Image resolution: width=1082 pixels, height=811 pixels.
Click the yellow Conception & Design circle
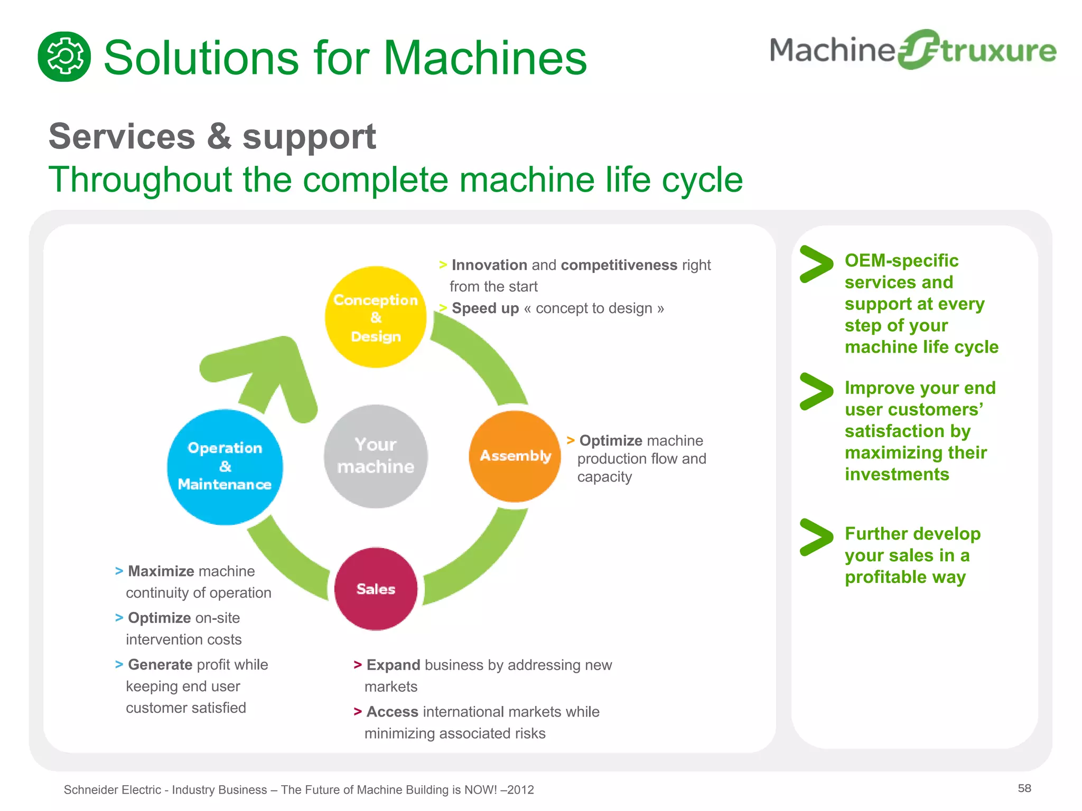[x=376, y=317]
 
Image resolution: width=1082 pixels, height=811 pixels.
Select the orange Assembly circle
[x=515, y=456]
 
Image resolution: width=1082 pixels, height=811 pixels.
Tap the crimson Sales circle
[x=376, y=589]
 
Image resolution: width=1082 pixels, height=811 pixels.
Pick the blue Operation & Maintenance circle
[x=225, y=467]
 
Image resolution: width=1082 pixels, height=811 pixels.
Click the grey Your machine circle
[x=376, y=456]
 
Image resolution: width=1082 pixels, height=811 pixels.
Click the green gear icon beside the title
[x=64, y=56]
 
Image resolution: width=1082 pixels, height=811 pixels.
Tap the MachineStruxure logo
[x=912, y=50]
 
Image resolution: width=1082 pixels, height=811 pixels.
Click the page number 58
[x=1024, y=788]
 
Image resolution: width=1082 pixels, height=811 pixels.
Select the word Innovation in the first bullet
[x=489, y=265]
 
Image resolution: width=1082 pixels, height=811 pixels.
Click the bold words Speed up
[x=485, y=308]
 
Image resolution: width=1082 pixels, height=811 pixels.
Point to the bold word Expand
[x=393, y=665]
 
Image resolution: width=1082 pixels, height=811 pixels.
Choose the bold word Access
[x=392, y=712]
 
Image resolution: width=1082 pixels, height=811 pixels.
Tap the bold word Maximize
[x=161, y=571]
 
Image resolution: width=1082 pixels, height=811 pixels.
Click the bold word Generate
[x=160, y=665]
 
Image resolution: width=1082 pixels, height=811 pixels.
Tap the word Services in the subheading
[x=122, y=137]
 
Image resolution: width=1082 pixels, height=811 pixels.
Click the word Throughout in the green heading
[x=141, y=180]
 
